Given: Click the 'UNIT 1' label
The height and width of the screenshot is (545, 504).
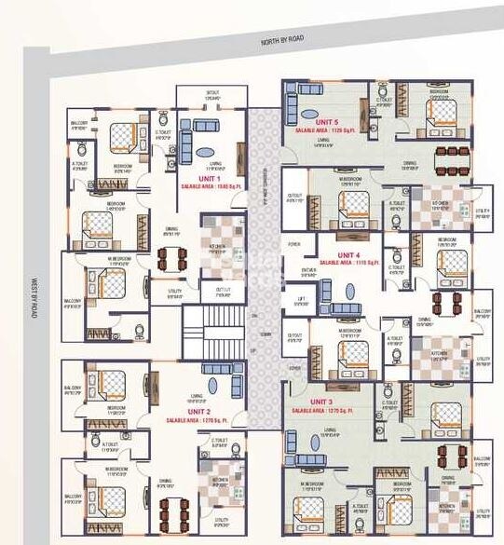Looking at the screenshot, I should click(x=209, y=177).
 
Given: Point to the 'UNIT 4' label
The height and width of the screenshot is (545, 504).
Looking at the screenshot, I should click(x=347, y=253).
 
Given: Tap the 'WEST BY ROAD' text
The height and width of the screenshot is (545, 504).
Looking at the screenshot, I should click(x=33, y=298).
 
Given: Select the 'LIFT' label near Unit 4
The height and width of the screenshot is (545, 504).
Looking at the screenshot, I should click(x=300, y=299).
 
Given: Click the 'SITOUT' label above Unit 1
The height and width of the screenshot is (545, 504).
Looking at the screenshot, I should click(x=213, y=93).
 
